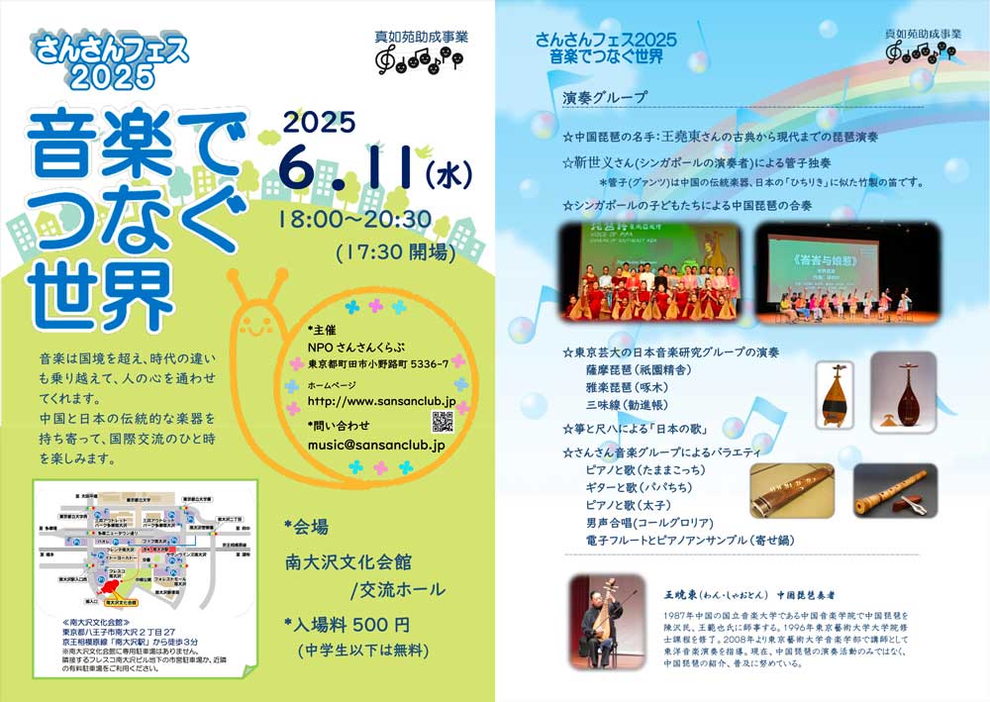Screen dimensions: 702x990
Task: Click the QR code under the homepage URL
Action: [444, 420]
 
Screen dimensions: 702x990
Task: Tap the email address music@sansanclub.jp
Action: [376, 446]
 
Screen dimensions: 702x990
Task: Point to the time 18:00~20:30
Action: [354, 218]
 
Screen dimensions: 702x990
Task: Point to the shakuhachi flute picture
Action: [895, 489]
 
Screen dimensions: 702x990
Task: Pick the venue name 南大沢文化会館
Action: [346, 560]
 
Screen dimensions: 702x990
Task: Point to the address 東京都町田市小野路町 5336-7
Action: [377, 363]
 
